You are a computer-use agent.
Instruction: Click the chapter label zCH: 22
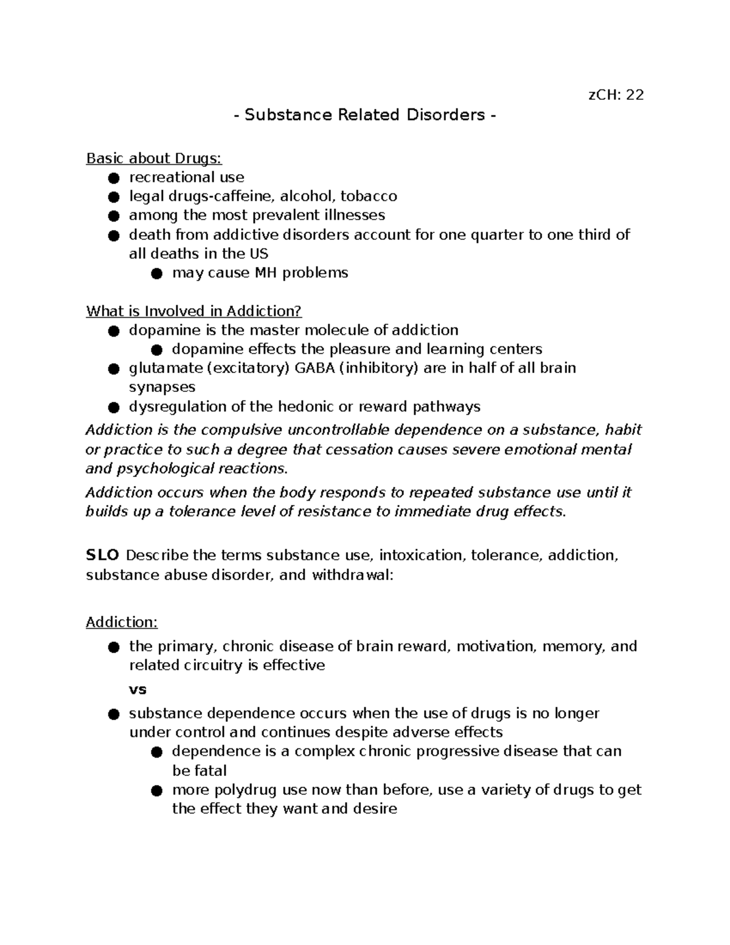coord(615,95)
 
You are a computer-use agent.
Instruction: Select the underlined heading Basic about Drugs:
coord(154,158)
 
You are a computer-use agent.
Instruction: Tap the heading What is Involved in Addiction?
coord(193,311)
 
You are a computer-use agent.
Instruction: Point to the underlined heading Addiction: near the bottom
coord(122,622)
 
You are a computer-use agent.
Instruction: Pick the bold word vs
coord(137,689)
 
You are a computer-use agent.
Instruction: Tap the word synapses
coord(162,387)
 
